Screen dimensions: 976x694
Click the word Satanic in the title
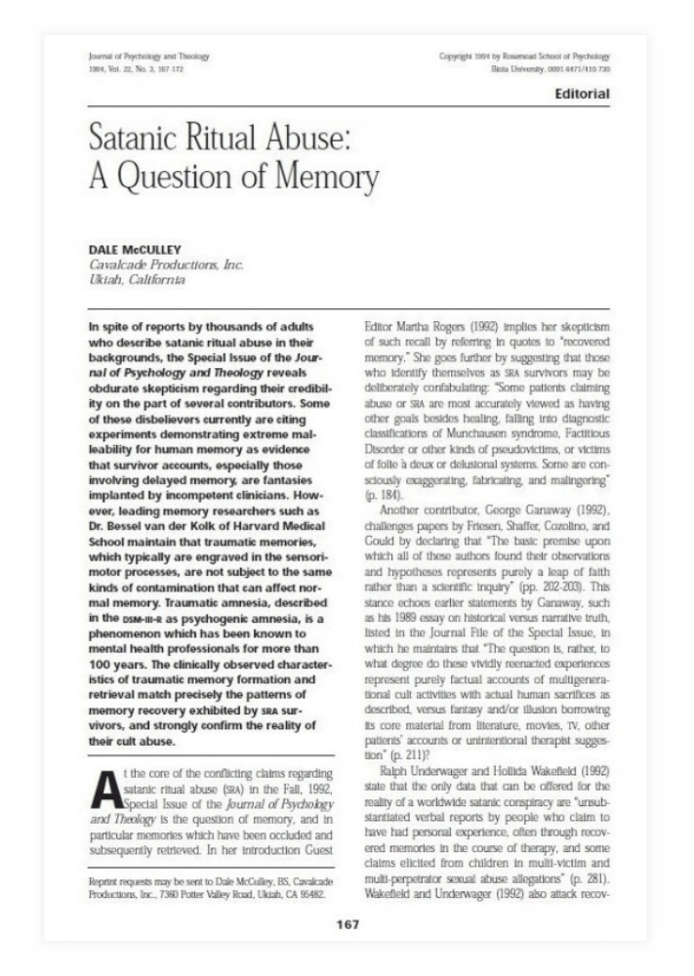(x=133, y=141)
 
